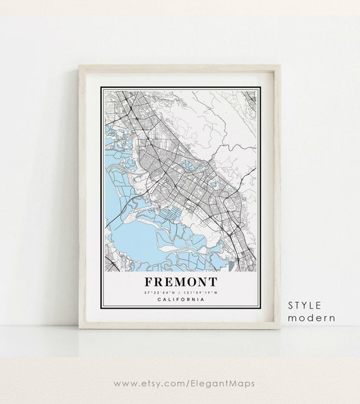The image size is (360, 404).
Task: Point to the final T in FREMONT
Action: (x=212, y=281)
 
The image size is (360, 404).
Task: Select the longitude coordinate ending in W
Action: (x=202, y=292)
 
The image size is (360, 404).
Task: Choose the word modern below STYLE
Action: (x=311, y=318)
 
